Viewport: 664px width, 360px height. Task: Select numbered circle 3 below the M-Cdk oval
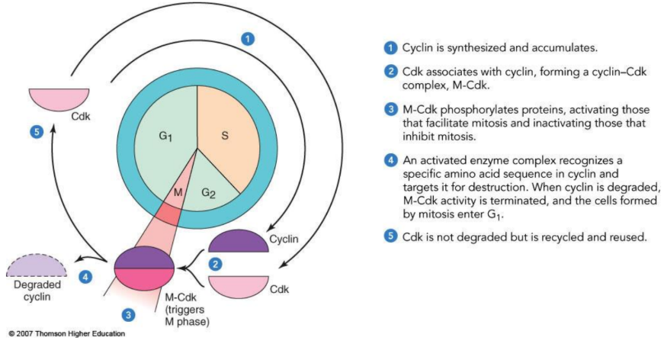tap(130, 313)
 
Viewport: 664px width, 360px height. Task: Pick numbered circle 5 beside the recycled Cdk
tap(35, 131)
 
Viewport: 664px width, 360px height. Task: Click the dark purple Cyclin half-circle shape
tap(237, 243)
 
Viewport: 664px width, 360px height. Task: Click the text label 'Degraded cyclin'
tap(30, 291)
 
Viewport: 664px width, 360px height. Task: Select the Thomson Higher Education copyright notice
tap(66, 333)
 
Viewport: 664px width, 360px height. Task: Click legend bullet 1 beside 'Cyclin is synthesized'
tap(390, 48)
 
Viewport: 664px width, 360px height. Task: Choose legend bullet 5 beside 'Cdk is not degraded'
tap(390, 236)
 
